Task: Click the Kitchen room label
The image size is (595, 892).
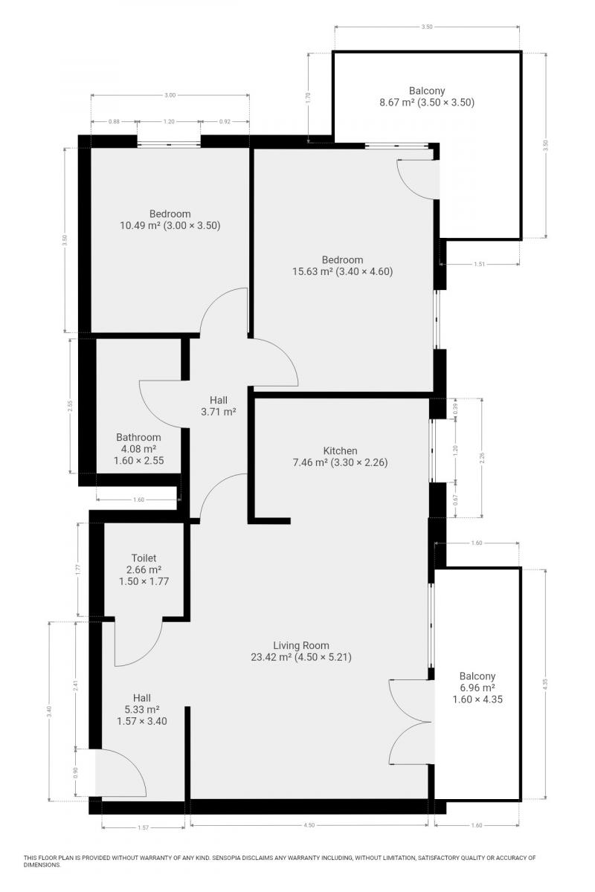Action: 340,450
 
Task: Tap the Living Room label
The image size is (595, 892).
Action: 301,645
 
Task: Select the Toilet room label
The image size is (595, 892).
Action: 144,558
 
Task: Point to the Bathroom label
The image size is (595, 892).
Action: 138,437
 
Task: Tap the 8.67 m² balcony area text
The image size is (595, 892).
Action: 396,103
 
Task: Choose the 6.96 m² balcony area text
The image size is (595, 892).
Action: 477,688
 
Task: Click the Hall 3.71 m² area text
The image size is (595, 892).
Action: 219,412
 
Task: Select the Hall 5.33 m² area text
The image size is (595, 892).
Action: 142,709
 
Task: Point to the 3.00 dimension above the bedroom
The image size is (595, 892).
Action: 170,95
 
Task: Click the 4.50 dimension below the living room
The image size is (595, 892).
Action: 309,825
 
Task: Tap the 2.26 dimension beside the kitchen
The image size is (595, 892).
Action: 482,458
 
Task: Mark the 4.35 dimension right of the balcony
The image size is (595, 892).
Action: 546,684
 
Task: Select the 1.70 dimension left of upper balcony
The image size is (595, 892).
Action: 307,97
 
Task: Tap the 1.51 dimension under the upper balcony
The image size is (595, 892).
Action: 480,264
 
